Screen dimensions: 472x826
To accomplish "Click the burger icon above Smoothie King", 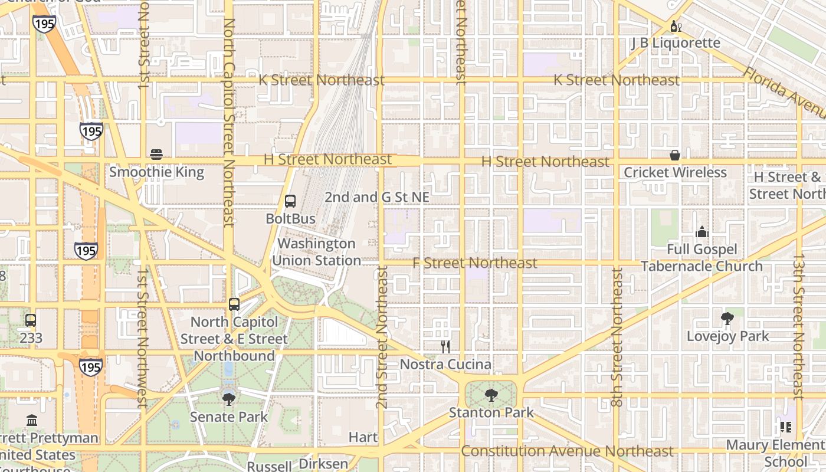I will [156, 155].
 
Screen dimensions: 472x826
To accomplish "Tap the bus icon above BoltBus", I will [290, 201].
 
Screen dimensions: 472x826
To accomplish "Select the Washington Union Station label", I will [316, 252].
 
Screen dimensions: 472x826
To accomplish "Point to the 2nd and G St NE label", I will [376, 197].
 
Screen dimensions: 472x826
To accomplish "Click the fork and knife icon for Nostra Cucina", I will [445, 347].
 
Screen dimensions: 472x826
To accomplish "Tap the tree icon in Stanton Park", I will [491, 395].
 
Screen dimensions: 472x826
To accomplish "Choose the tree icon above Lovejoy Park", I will [727, 319].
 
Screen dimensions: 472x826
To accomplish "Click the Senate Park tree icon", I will [229, 399].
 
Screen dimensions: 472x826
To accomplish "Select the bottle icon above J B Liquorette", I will [676, 26].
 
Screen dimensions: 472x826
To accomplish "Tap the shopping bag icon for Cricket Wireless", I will [675, 155].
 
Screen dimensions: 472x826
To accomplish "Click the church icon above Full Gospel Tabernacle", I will [702, 231].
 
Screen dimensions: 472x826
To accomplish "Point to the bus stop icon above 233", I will [31, 320].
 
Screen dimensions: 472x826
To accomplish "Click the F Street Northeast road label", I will [475, 263].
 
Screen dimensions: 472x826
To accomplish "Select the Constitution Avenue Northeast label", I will [566, 451].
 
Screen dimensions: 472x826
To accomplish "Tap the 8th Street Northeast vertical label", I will [617, 337].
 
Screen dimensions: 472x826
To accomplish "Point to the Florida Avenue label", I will [785, 91].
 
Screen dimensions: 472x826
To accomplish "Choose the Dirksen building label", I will [323, 464].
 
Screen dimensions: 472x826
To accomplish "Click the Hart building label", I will [363, 437].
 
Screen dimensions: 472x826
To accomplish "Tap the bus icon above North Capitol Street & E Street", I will [234, 304].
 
